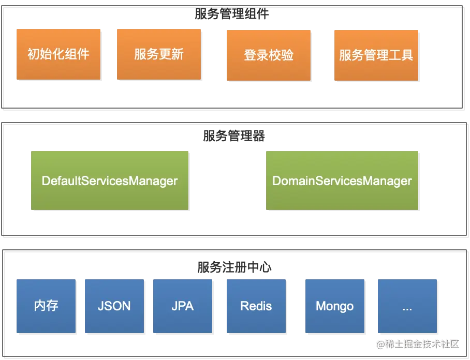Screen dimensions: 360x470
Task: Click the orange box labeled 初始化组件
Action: tap(58, 54)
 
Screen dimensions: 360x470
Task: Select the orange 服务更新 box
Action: tap(159, 54)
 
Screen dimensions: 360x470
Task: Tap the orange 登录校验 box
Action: tap(268, 55)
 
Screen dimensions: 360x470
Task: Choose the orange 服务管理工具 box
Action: tap(376, 55)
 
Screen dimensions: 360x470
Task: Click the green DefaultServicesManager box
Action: tap(110, 181)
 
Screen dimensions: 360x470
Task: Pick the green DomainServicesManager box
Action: tap(342, 181)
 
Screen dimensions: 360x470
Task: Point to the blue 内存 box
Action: tap(47, 306)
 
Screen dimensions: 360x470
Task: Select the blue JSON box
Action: tap(114, 306)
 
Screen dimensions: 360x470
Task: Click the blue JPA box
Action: tap(183, 306)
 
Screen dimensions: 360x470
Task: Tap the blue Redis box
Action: tap(256, 306)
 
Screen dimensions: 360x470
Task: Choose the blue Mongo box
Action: tap(334, 306)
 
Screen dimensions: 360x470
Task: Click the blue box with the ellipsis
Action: tap(407, 306)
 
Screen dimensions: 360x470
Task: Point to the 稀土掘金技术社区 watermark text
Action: tap(421, 343)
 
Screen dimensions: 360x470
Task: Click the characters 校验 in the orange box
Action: tap(281, 55)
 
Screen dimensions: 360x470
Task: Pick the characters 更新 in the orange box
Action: tap(171, 54)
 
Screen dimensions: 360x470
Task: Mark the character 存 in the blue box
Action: tap(52, 306)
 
